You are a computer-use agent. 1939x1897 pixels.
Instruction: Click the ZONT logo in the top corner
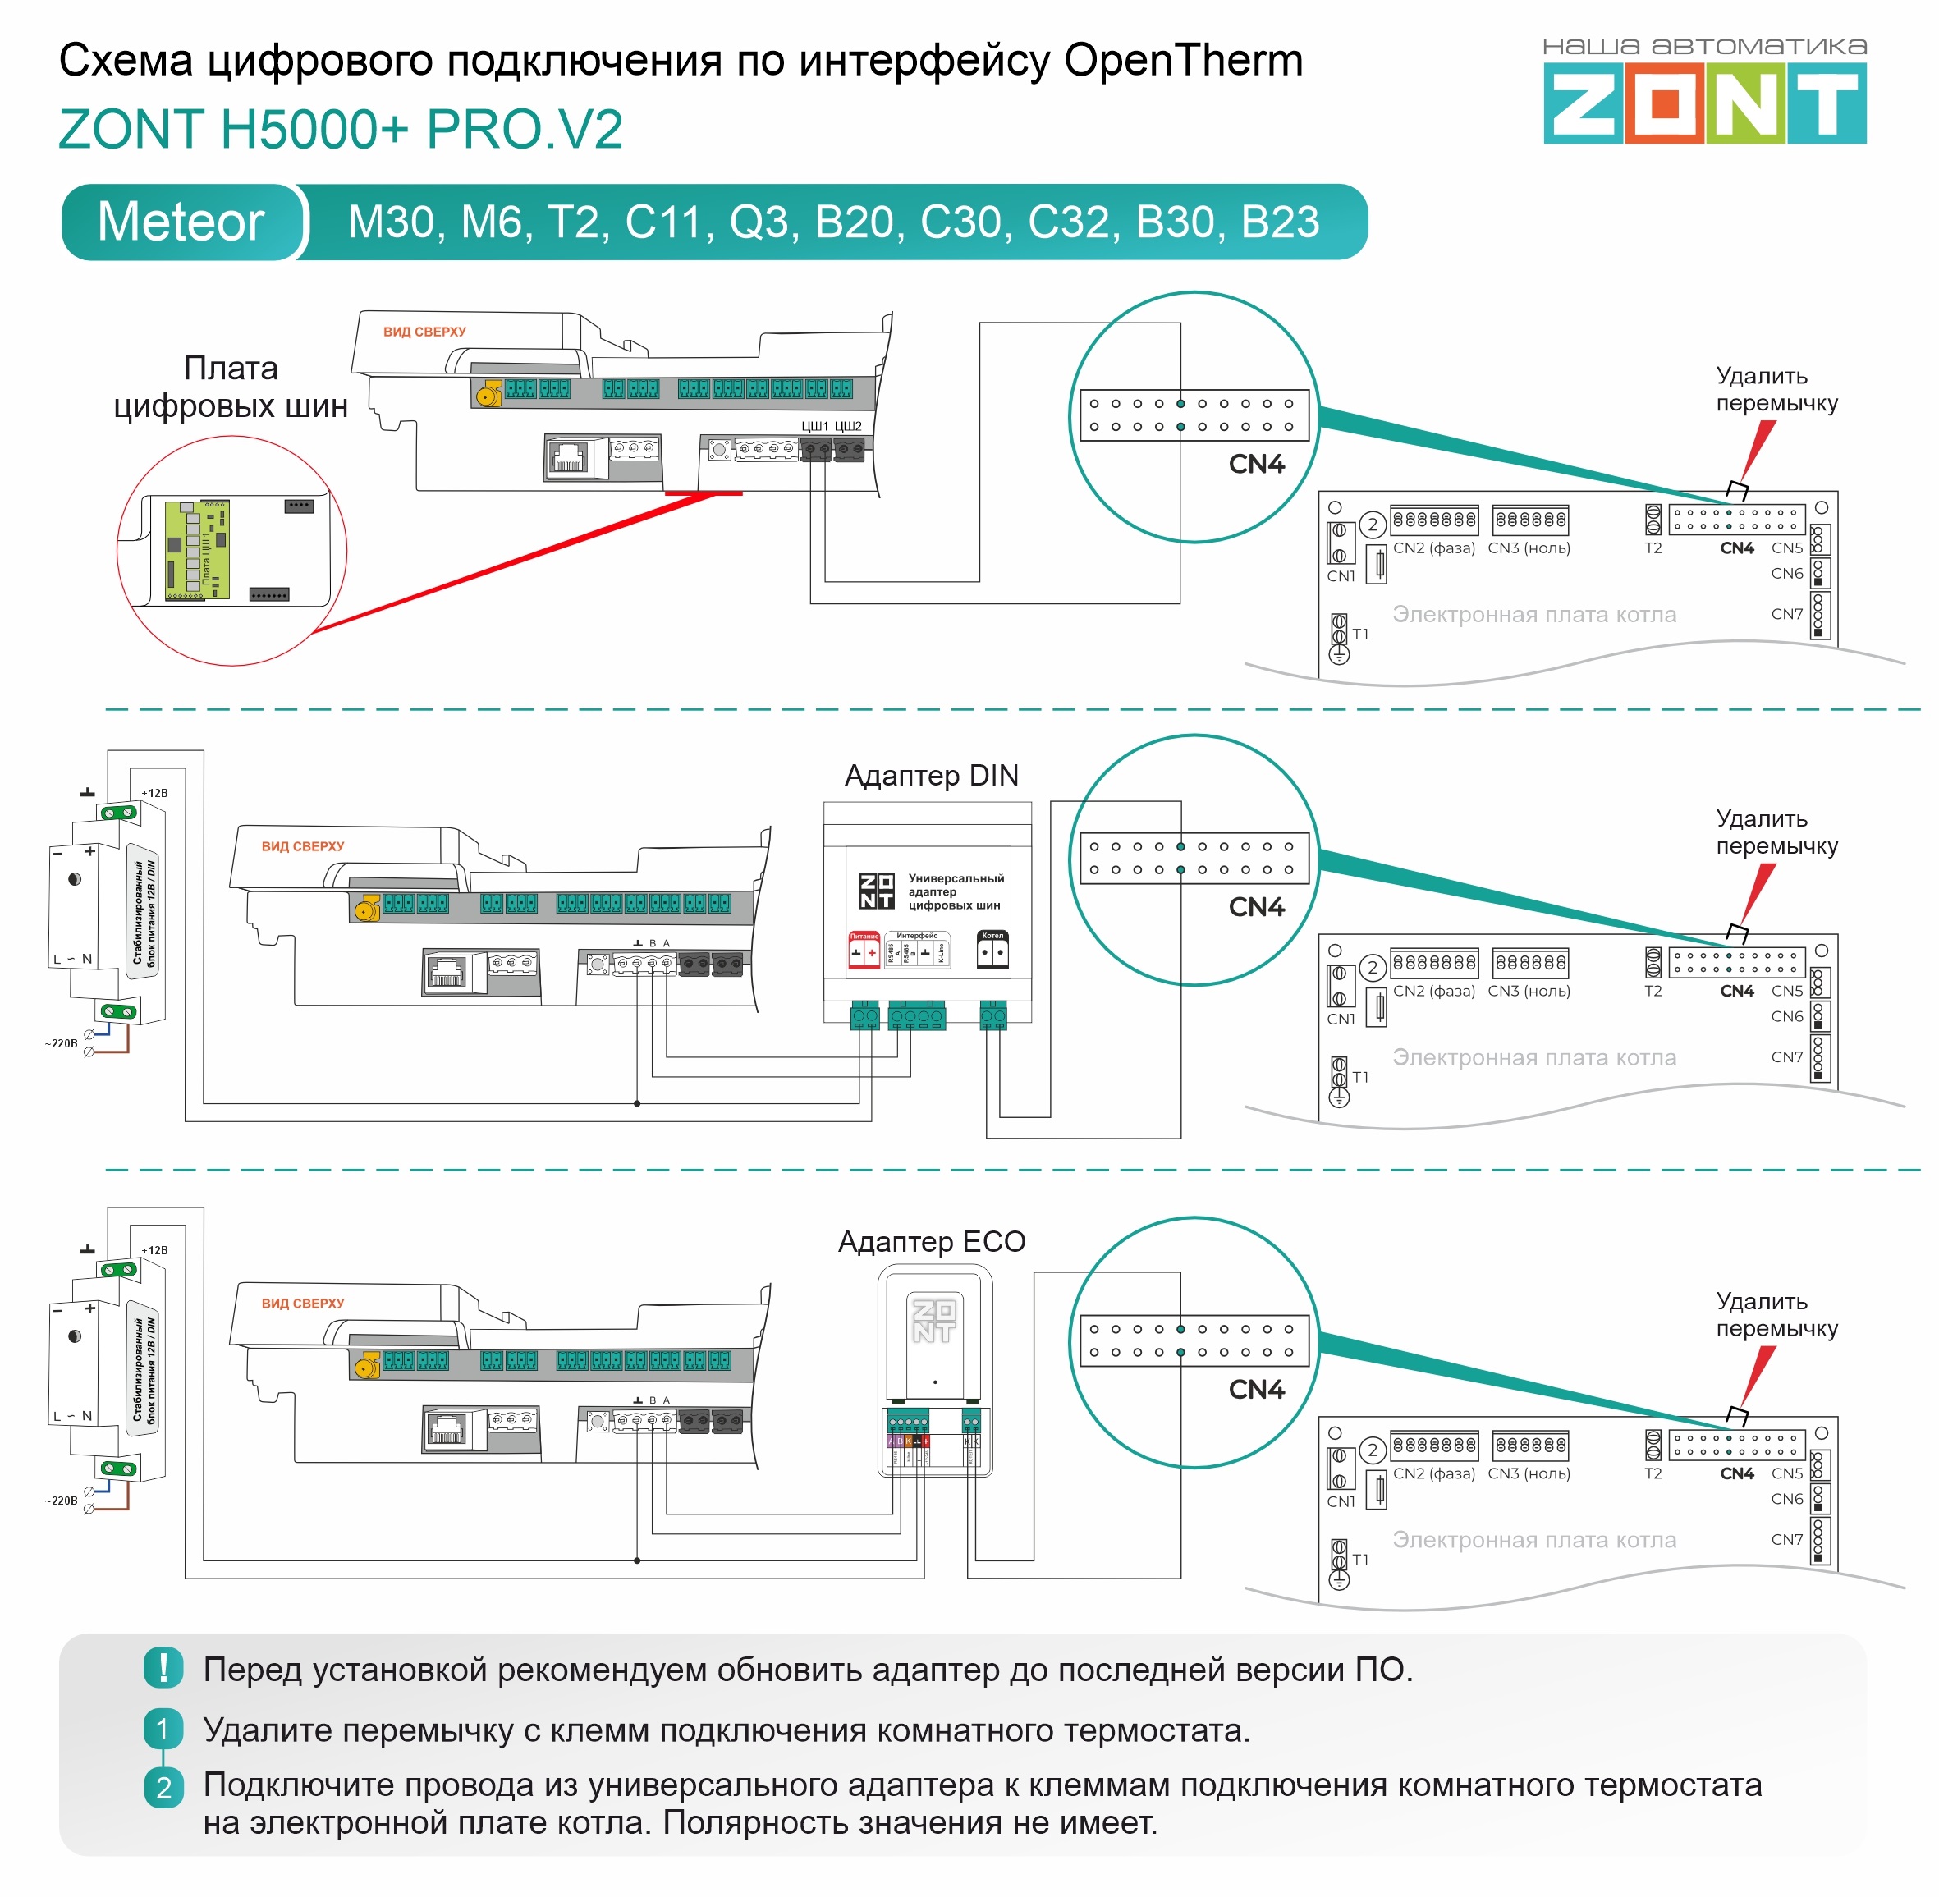pos(1704,103)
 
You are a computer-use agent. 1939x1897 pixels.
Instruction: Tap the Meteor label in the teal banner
pos(181,221)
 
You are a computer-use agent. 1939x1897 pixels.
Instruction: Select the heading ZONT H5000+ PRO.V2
pos(341,130)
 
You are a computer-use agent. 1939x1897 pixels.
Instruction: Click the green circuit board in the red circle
pos(197,551)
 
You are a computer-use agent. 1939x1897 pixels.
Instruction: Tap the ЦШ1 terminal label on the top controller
pos(815,426)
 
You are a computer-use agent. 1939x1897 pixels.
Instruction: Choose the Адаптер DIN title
pos(931,775)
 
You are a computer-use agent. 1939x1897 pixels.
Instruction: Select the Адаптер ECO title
pos(931,1241)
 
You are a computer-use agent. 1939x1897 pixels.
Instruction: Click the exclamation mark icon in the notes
pos(163,1668)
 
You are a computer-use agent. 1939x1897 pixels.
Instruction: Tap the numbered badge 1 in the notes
pos(163,1730)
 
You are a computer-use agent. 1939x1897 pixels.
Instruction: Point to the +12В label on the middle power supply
pos(154,793)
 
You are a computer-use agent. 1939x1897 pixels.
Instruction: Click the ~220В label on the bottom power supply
pos(61,1501)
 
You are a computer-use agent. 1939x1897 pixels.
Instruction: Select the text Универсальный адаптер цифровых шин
pos(955,891)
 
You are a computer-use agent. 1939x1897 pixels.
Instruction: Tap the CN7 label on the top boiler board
pos(1786,614)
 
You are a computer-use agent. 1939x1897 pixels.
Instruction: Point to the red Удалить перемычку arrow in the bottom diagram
pos(1758,1375)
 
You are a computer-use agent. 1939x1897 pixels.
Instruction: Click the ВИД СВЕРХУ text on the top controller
pos(424,332)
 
